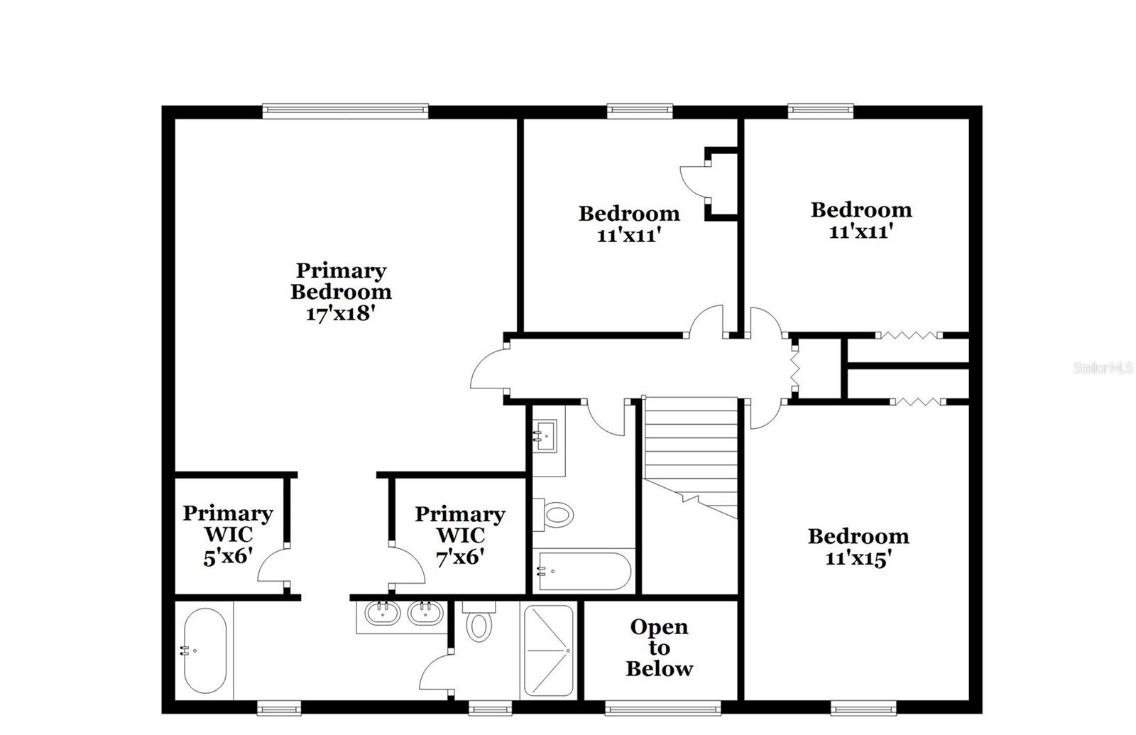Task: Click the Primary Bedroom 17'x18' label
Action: [x=341, y=292]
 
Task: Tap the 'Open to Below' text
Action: [x=659, y=648]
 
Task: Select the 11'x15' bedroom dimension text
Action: [x=858, y=559]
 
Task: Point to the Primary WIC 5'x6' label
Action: [x=227, y=534]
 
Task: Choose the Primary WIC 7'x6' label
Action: [x=460, y=535]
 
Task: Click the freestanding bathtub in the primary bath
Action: [x=205, y=650]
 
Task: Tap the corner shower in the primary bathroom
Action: [x=548, y=650]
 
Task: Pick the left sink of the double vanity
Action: [x=382, y=612]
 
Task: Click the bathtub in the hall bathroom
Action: [x=584, y=571]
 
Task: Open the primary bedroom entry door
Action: [x=488, y=369]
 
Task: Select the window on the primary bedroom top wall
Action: [x=345, y=110]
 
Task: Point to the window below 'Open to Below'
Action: [x=663, y=707]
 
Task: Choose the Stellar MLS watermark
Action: [x=1103, y=368]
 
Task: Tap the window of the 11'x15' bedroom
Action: [x=863, y=707]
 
